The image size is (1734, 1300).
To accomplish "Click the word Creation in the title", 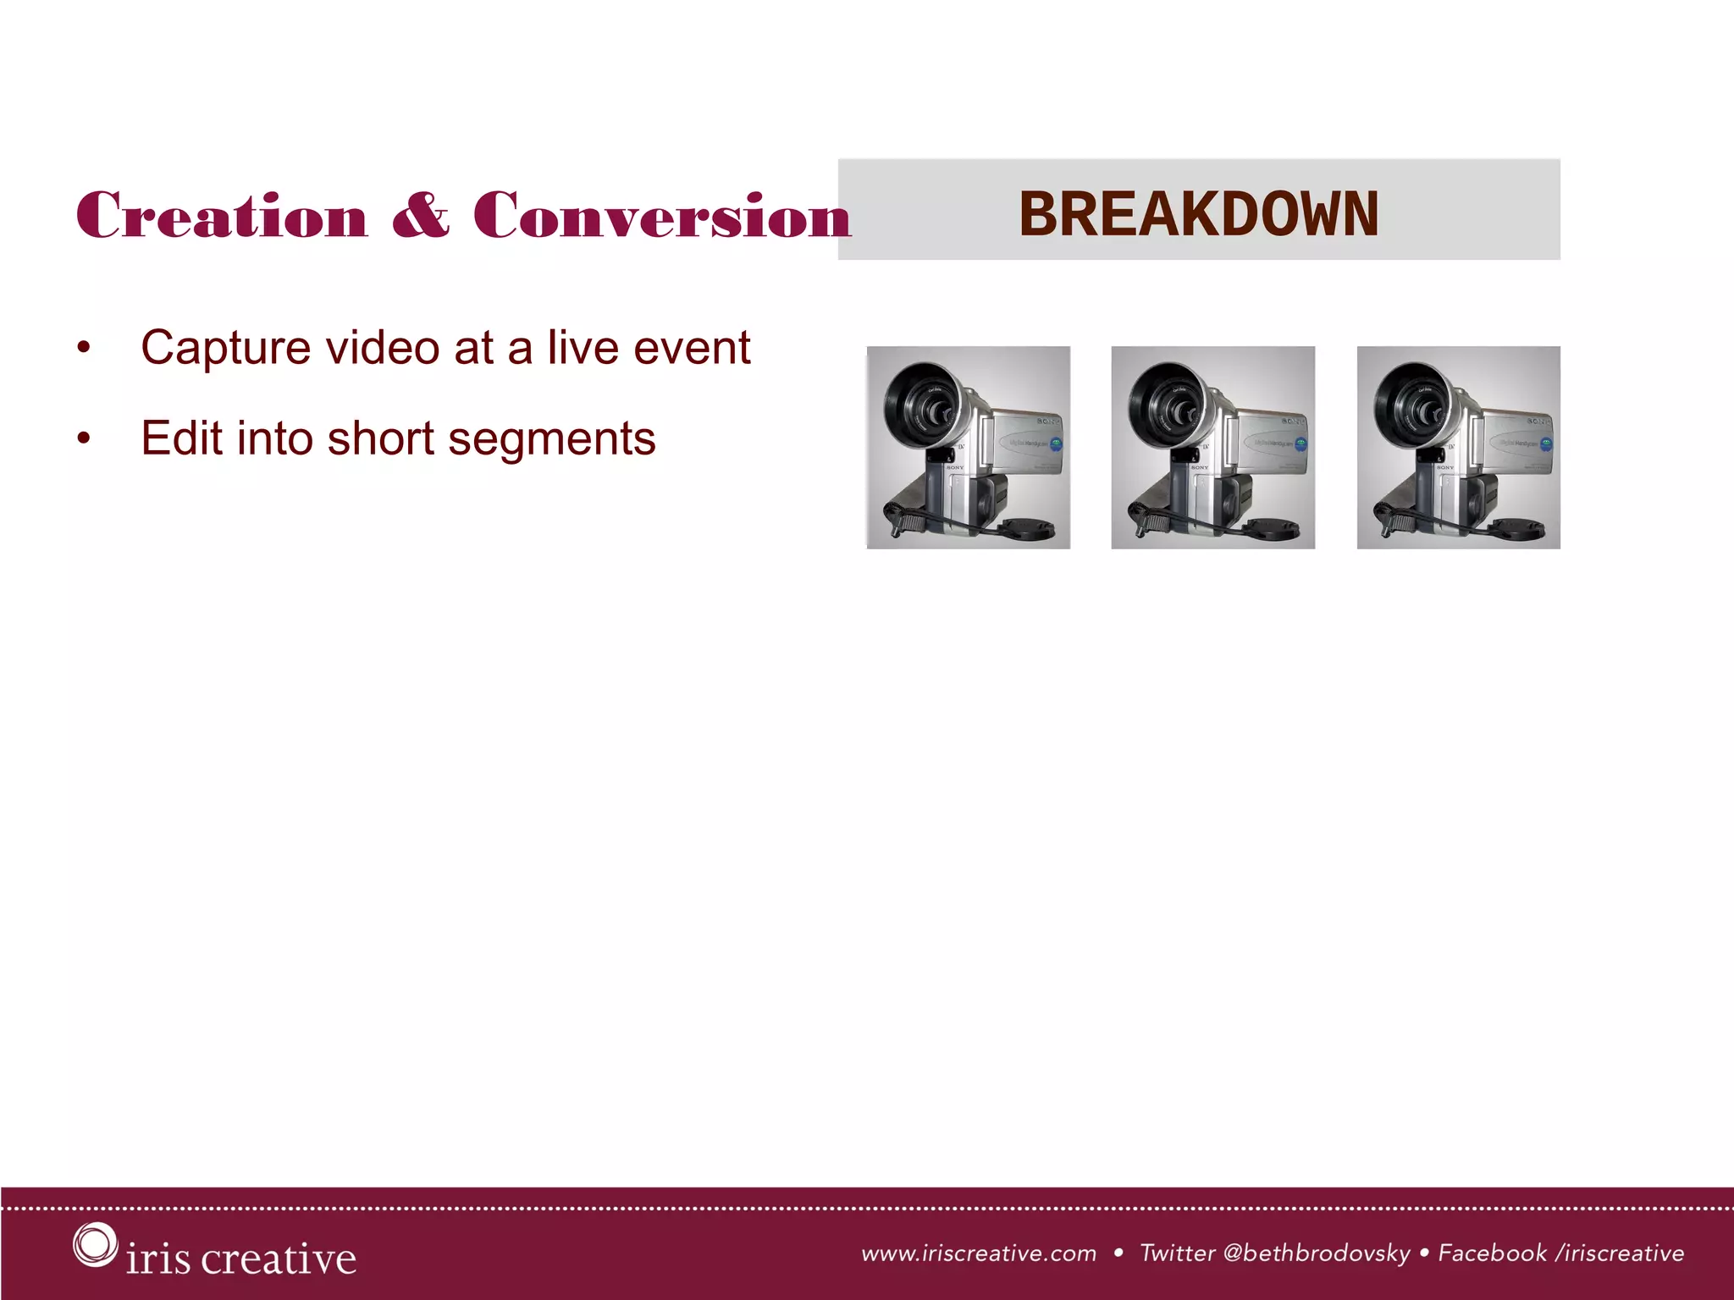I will point(222,216).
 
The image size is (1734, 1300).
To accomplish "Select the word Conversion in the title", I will point(661,216).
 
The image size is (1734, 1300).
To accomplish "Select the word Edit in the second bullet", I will point(181,438).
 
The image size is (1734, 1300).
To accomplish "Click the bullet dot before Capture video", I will point(83,348).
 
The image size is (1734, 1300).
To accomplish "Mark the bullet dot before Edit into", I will point(83,438).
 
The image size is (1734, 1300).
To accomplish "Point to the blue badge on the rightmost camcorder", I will point(1546,443).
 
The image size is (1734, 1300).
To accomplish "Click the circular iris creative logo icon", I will point(94,1244).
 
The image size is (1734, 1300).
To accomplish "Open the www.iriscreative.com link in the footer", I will point(979,1253).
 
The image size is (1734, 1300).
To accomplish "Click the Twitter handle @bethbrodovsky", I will point(1317,1253).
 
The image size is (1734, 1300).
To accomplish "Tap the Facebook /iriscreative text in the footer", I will point(1560,1253).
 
